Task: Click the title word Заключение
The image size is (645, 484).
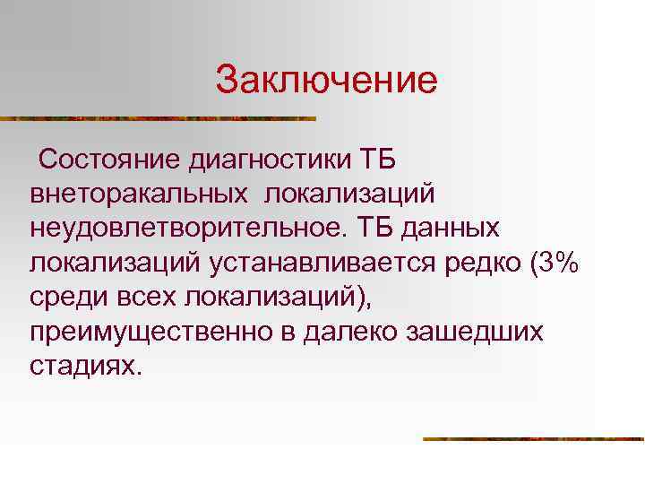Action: point(326,81)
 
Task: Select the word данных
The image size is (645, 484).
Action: point(451,228)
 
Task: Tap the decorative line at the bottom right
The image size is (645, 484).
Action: point(533,439)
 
